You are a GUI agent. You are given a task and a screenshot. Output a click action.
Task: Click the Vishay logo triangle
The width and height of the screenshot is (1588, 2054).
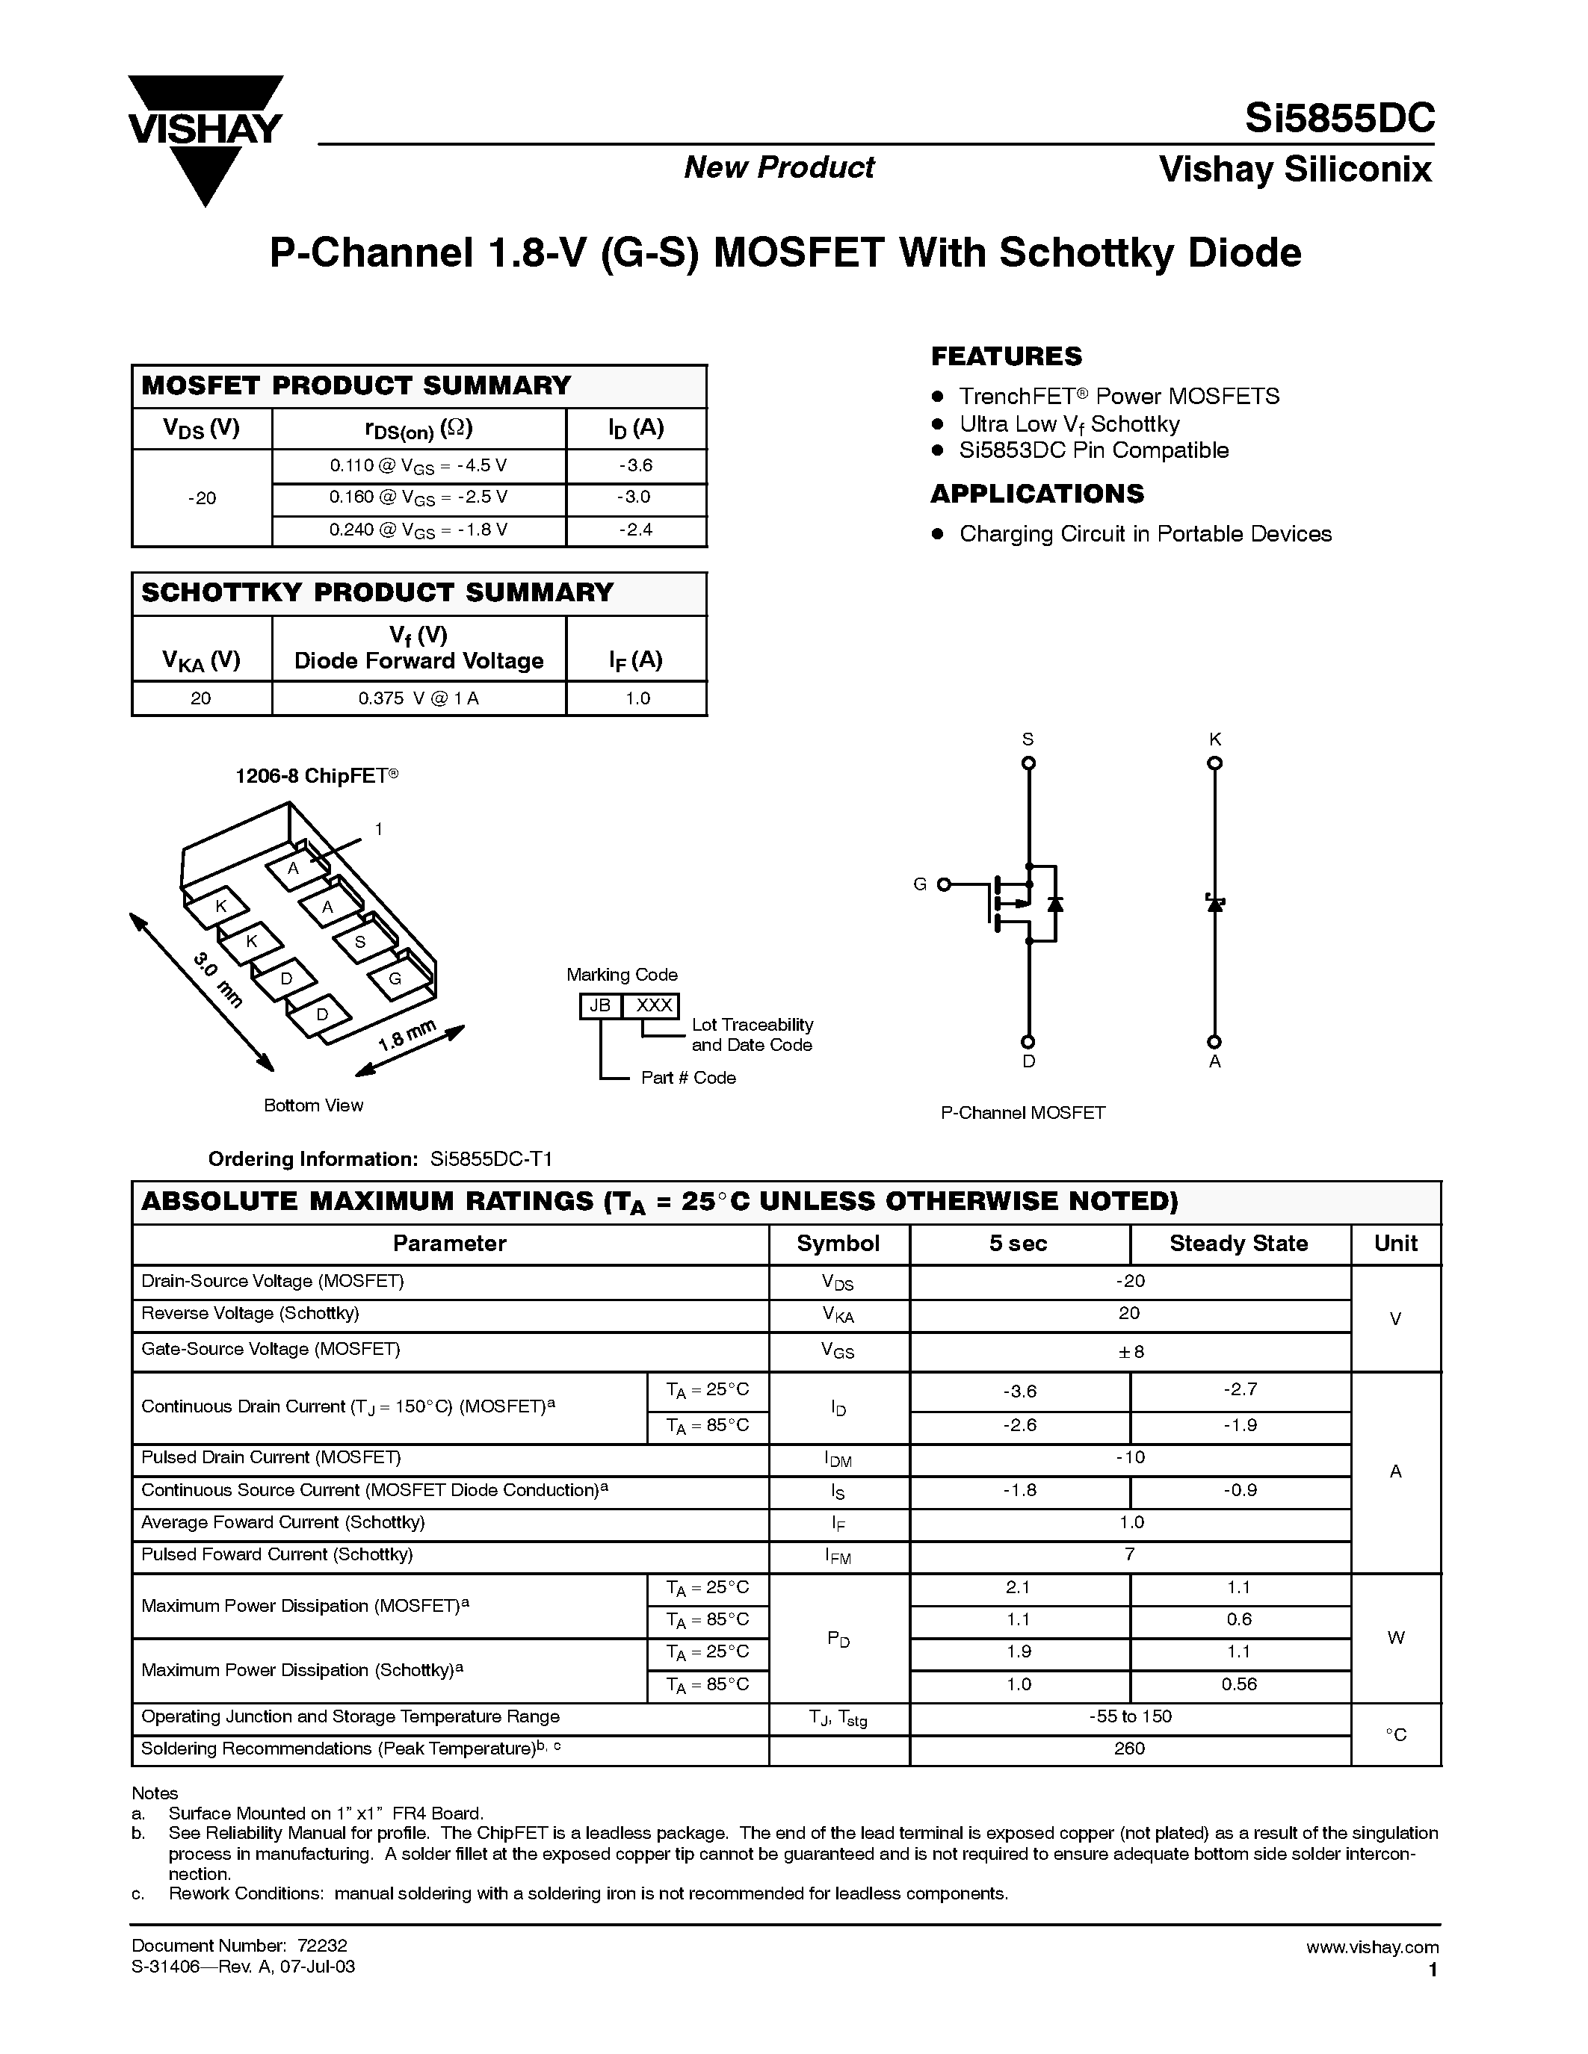204,141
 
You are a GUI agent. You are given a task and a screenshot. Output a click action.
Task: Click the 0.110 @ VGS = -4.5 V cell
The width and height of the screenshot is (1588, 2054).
418,465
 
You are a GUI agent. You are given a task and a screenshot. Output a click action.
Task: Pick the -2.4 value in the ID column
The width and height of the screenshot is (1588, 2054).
636,530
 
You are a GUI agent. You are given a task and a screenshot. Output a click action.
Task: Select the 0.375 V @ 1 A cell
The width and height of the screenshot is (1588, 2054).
418,698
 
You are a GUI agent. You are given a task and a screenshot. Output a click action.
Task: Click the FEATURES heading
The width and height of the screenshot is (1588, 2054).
1006,356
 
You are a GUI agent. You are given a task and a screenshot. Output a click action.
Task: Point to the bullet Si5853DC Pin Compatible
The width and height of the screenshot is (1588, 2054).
1093,450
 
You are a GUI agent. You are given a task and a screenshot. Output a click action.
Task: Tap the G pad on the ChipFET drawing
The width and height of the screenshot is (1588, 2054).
395,978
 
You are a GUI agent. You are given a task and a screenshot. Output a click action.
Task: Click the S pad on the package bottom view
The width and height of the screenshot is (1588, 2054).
359,941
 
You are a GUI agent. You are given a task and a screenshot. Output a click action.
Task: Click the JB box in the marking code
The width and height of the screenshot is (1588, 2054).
599,1005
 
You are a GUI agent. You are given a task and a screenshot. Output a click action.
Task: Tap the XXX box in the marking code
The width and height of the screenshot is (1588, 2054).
653,1005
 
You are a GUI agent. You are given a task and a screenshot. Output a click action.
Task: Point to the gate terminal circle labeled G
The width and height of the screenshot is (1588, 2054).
944,884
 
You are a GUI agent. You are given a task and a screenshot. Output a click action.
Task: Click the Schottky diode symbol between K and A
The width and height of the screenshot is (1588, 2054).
1214,904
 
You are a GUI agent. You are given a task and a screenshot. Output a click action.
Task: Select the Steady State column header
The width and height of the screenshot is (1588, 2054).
1238,1244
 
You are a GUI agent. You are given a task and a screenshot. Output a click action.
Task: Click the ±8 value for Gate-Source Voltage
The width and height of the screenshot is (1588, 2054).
1130,1351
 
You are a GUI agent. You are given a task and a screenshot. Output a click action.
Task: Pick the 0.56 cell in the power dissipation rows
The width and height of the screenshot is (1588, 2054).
1238,1684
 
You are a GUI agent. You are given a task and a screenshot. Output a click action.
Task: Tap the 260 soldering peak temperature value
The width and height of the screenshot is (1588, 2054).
1130,1749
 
